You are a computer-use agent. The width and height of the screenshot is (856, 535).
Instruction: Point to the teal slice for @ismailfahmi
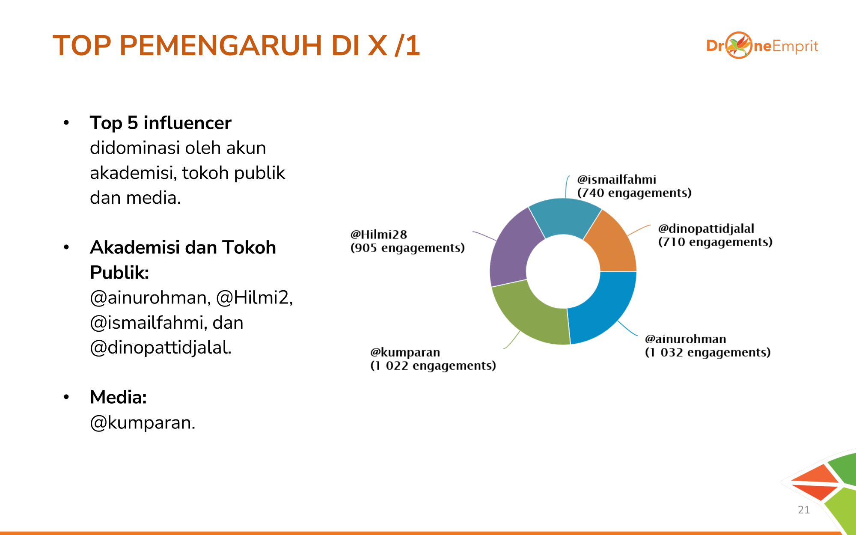pyautogui.click(x=564, y=216)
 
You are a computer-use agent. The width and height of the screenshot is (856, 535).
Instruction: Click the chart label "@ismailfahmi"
pyautogui.click(x=616, y=179)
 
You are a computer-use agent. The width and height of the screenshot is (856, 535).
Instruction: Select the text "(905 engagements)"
pyautogui.click(x=407, y=248)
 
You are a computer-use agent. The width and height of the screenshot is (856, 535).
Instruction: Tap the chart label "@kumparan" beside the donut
pyautogui.click(x=405, y=352)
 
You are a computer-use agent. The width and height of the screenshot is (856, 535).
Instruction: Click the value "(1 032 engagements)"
pyautogui.click(x=708, y=352)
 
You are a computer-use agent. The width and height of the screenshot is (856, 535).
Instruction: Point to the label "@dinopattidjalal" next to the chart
pyautogui.click(x=706, y=229)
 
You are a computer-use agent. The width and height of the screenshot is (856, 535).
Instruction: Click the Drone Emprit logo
pyautogui.click(x=762, y=45)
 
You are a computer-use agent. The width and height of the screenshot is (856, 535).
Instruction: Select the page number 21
pyautogui.click(x=804, y=509)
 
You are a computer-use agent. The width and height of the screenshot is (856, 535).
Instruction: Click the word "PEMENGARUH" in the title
pyautogui.click(x=221, y=45)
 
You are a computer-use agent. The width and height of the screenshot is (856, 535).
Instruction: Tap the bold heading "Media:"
pyautogui.click(x=119, y=397)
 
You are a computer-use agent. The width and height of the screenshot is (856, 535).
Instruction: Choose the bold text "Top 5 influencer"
pyautogui.click(x=160, y=123)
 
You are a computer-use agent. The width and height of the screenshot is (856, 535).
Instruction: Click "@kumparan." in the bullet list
pyautogui.click(x=143, y=423)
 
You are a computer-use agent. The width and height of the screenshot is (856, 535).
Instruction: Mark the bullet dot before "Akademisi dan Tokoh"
pyautogui.click(x=66, y=247)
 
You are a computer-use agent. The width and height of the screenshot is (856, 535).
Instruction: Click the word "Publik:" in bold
pyautogui.click(x=119, y=273)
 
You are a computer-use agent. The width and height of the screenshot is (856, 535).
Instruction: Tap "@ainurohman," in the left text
pyautogui.click(x=150, y=298)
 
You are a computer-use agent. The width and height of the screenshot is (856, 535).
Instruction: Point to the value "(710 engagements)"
pyautogui.click(x=715, y=242)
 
